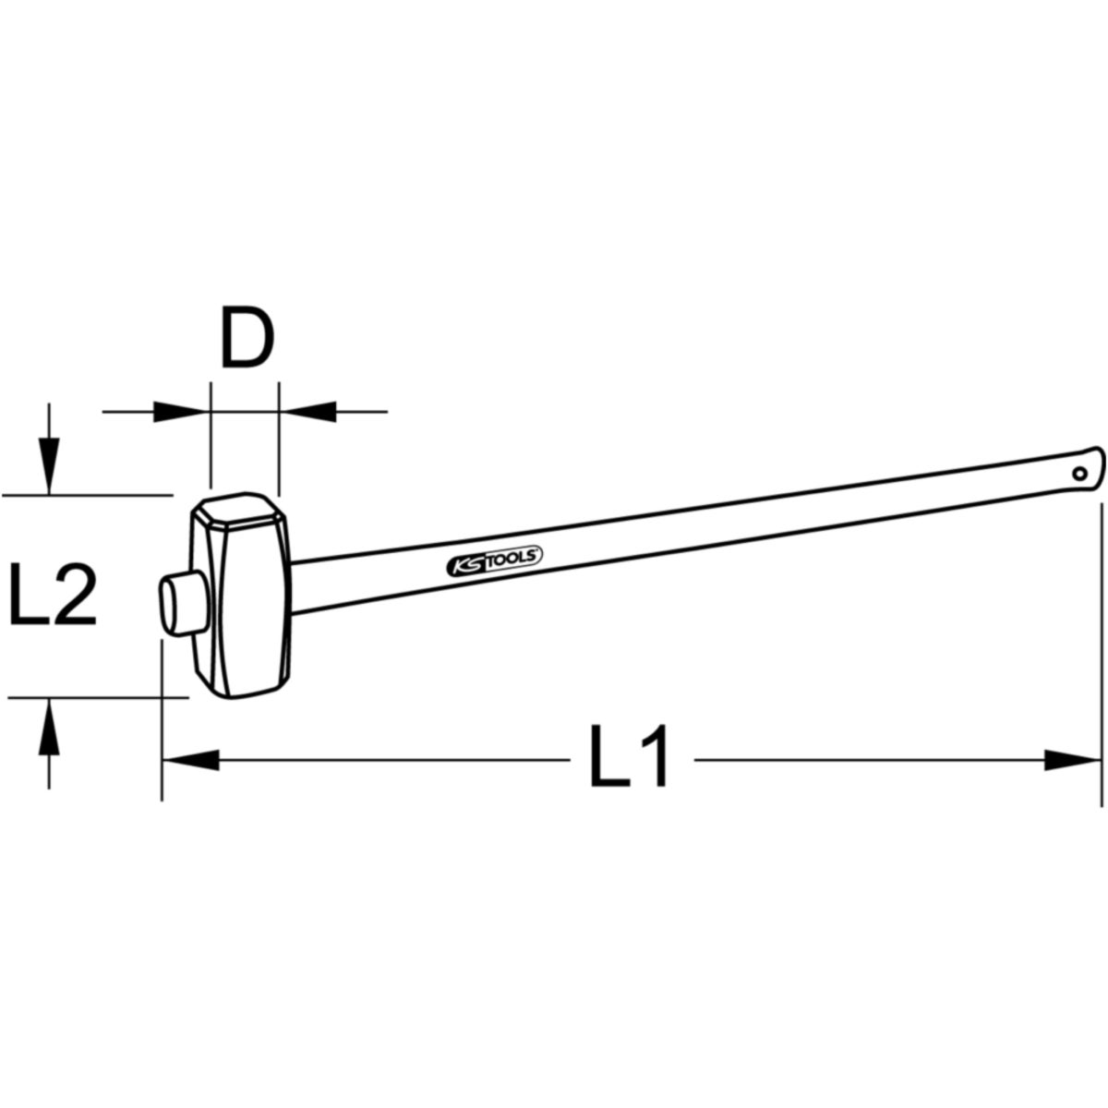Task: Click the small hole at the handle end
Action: click(1079, 474)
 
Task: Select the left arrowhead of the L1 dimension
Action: click(191, 760)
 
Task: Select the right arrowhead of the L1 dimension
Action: click(1072, 760)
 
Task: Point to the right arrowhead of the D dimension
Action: click(307, 412)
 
